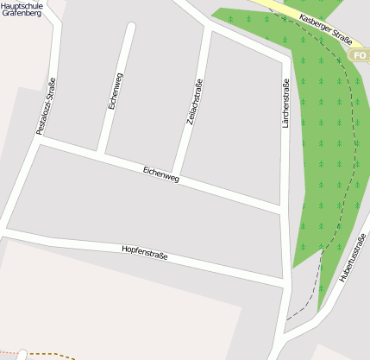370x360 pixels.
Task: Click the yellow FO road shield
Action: pos(360,55)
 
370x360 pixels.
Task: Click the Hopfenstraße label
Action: pos(145,251)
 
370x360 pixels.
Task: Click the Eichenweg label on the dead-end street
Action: pos(116,90)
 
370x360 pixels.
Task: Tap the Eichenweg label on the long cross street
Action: pos(161,176)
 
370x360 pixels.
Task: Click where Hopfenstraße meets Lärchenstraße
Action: pos(285,283)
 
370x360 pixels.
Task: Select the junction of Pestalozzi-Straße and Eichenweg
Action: pos(39,140)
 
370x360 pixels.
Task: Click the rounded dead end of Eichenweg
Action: pos(131,28)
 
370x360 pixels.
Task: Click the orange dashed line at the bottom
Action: pos(52,354)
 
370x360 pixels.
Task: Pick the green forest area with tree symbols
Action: pos(323,155)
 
